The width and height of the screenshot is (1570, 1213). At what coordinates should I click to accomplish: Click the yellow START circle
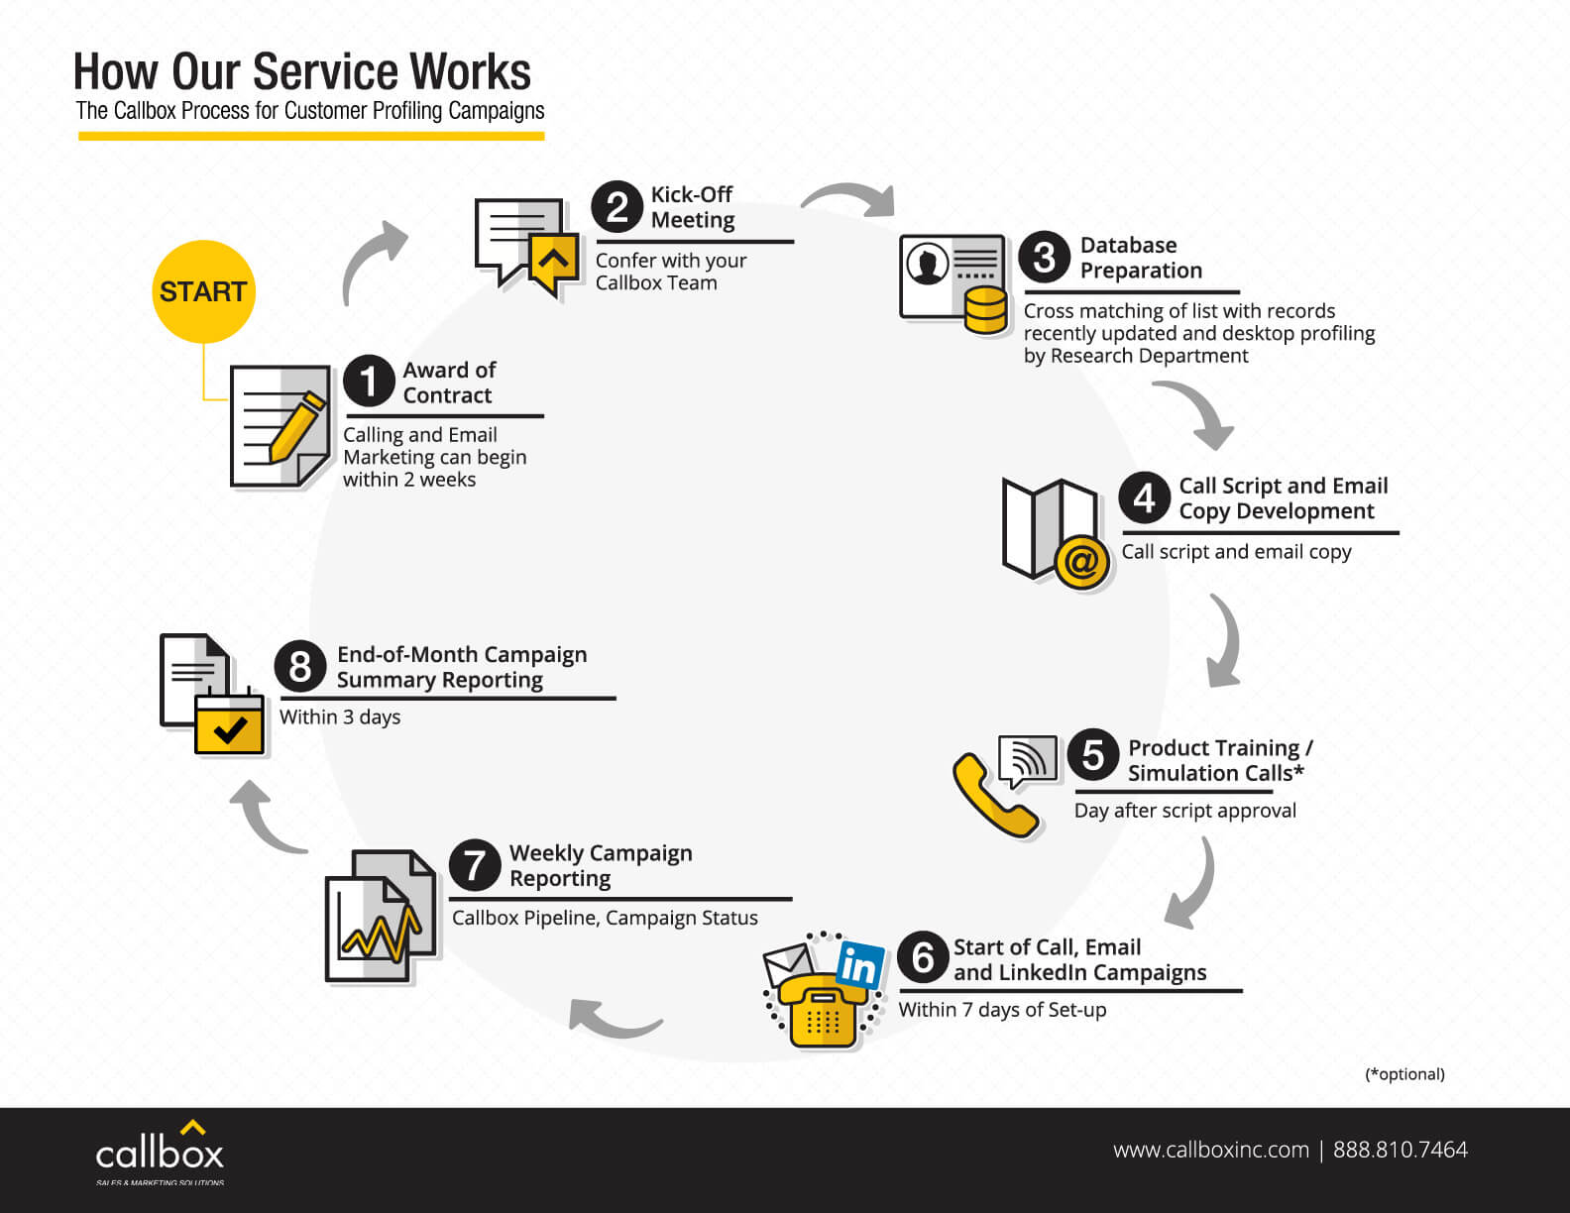tap(204, 291)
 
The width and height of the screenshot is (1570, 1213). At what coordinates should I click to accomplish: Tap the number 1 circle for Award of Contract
tap(369, 381)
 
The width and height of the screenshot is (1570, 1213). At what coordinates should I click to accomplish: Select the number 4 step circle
tap(1145, 497)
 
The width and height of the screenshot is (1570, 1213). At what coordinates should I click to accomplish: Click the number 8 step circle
tap(300, 666)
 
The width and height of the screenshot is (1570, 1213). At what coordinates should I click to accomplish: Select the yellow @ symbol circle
tap(1081, 562)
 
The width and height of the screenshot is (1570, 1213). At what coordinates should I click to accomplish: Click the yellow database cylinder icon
tap(985, 310)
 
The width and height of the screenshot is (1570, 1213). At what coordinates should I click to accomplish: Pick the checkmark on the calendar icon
tap(230, 730)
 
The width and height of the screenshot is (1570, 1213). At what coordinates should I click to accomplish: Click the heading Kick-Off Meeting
tap(692, 206)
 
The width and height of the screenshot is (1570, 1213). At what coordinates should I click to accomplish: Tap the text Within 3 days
tap(340, 717)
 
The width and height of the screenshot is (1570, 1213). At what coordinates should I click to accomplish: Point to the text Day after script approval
tap(1184, 811)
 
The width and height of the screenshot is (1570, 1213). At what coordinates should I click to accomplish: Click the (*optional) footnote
tap(1404, 1074)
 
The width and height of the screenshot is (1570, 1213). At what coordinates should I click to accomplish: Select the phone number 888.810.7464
tap(1401, 1150)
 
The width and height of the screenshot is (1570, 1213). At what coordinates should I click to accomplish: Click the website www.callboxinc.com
tap(1211, 1150)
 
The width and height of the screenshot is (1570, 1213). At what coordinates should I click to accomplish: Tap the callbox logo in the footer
tap(160, 1152)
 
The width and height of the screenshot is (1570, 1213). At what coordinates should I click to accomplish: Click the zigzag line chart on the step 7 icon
tap(381, 936)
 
